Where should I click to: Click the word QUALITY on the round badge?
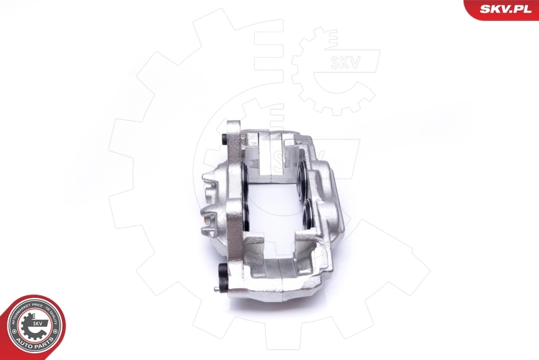click(x=57, y=317)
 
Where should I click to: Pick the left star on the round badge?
click(x=13, y=335)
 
